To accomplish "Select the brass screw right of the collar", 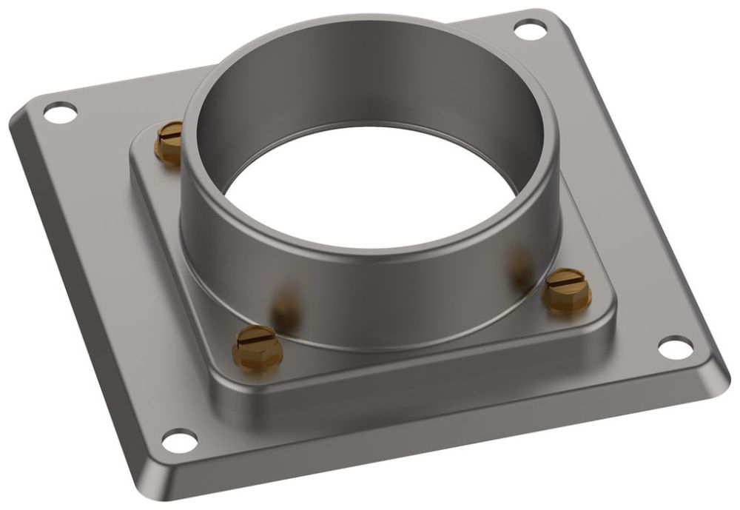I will (x=567, y=289).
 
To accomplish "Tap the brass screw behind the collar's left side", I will (x=169, y=143).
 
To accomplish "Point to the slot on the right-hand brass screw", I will (x=568, y=282).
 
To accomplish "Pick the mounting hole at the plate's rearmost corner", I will (x=526, y=30).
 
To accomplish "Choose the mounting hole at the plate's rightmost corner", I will (x=675, y=346).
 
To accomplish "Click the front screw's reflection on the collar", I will (x=285, y=307).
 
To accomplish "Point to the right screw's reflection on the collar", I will (x=520, y=263).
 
